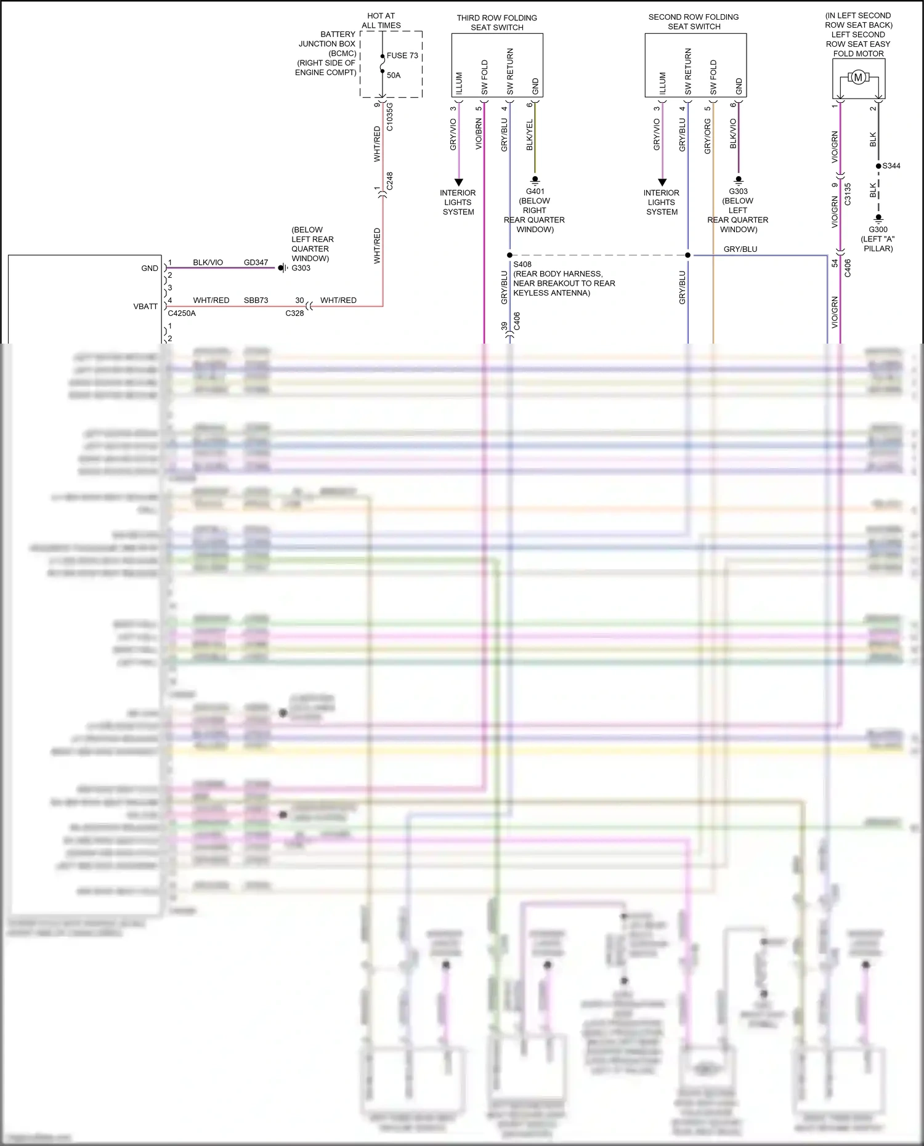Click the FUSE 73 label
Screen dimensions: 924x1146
[x=402, y=55]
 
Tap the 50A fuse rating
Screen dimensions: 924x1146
[x=394, y=75]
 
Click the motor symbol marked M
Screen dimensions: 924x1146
[x=858, y=78]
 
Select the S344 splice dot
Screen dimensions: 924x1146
[x=878, y=166]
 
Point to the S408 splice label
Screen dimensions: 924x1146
[x=522, y=264]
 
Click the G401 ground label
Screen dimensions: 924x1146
[x=535, y=192]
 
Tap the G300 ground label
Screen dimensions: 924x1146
[x=878, y=230]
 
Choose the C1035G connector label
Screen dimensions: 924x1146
[x=389, y=117]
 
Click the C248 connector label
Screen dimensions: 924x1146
[x=389, y=181]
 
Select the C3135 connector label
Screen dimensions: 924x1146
[x=848, y=194]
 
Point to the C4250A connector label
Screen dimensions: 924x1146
[x=182, y=313]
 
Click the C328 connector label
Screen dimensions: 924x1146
[x=294, y=313]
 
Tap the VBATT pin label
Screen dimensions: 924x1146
[x=145, y=306]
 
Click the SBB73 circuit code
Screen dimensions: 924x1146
[x=256, y=301]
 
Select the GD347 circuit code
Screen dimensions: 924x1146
[x=256, y=262]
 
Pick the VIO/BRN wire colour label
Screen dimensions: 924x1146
[x=479, y=135]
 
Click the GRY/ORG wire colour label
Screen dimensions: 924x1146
[x=708, y=136]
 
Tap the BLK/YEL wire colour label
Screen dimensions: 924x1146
[x=530, y=135]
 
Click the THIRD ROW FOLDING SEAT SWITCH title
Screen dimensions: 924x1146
[x=496, y=23]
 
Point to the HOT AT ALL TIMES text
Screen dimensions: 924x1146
[x=381, y=20]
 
